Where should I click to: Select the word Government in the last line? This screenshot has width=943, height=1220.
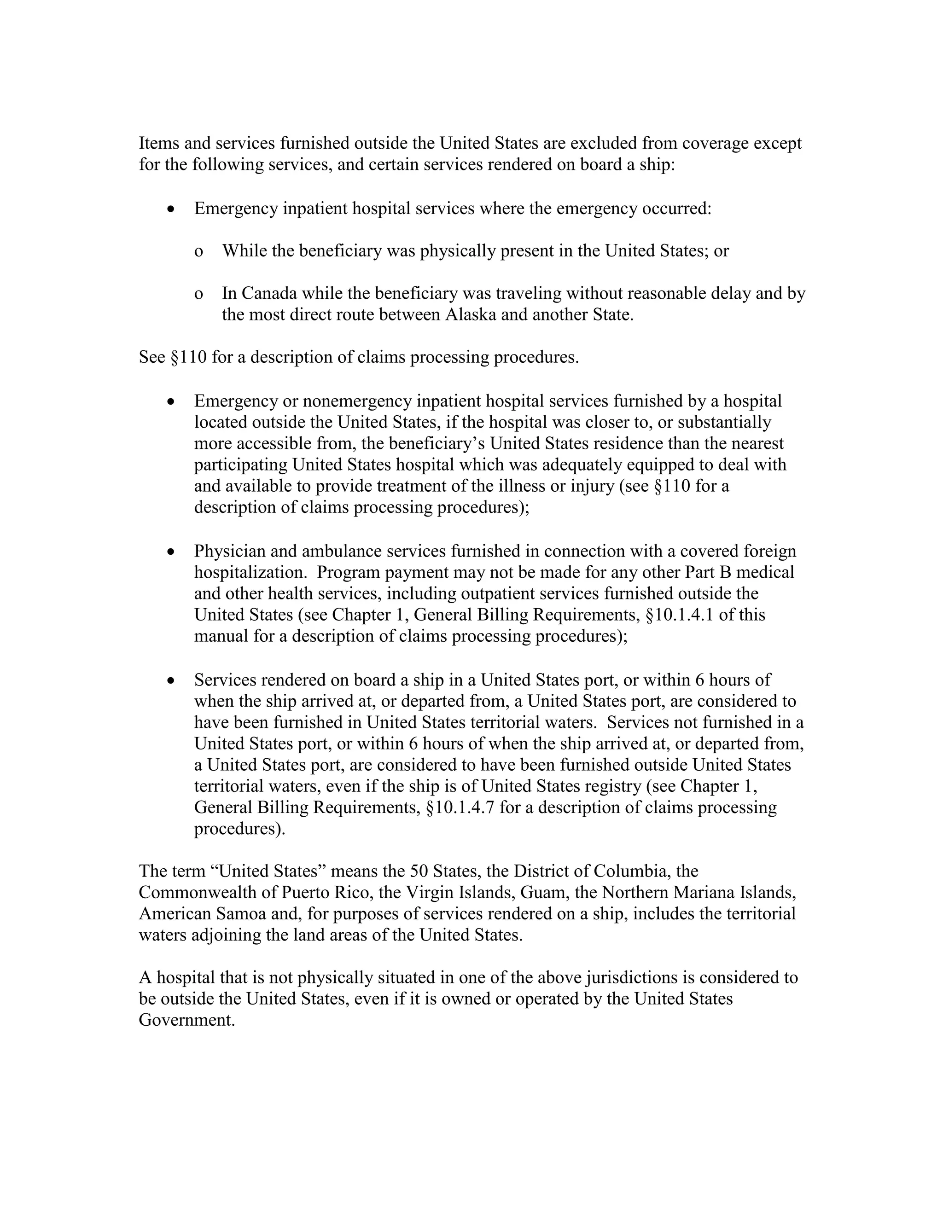tap(186, 1020)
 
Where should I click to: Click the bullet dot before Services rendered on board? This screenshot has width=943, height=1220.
tap(171, 681)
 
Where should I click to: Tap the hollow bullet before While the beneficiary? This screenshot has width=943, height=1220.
tap(198, 252)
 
